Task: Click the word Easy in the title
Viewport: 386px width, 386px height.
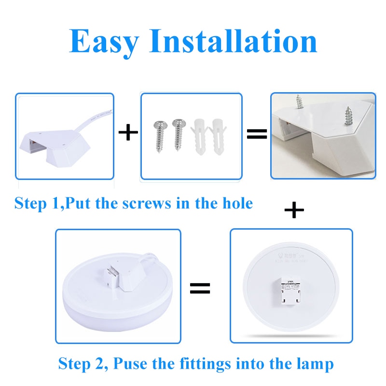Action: coord(104,41)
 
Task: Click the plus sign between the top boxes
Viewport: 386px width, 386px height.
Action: coord(128,133)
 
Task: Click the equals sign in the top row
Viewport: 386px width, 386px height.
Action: coord(257,134)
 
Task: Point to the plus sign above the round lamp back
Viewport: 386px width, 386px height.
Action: coord(294,210)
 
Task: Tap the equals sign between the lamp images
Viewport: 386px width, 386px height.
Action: coord(200,289)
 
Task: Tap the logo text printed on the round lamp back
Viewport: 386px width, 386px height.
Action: coord(291,255)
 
